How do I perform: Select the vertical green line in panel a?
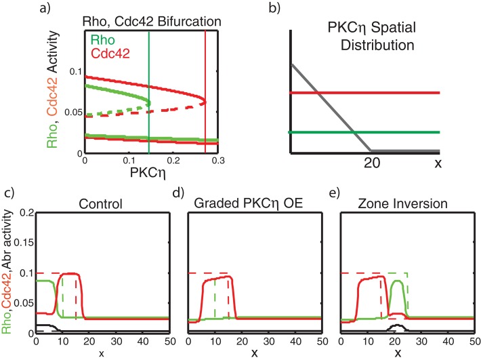click(148, 95)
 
